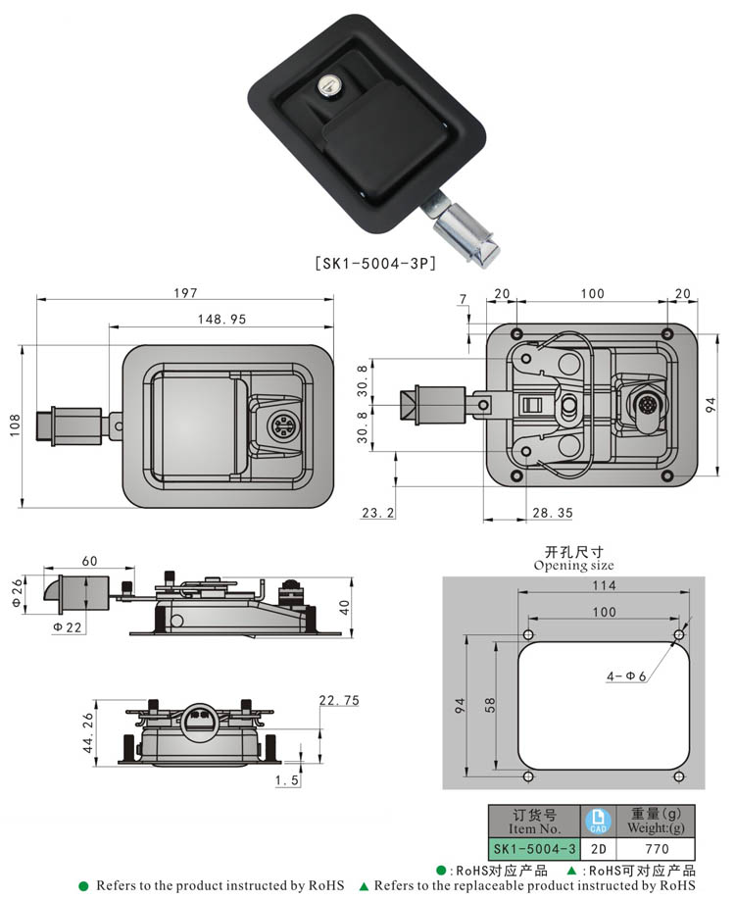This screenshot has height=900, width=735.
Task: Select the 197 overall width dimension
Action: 186,292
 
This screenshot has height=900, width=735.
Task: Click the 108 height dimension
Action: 14,425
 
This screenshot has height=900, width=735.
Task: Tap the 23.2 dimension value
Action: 377,512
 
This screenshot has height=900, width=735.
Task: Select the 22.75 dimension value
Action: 338,699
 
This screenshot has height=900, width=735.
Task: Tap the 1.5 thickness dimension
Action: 287,779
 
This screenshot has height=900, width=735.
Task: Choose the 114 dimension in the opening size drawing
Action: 604,585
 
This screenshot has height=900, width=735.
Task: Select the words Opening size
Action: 574,566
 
